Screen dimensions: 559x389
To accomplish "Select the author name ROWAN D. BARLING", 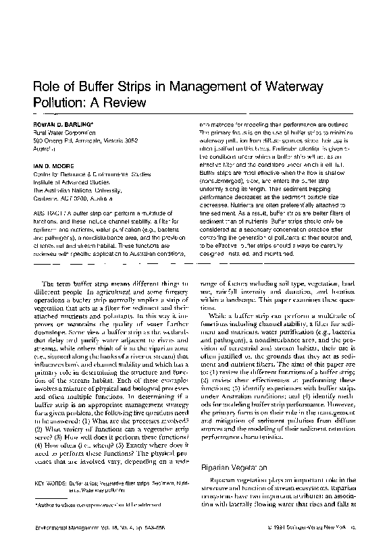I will tap(61, 125).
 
